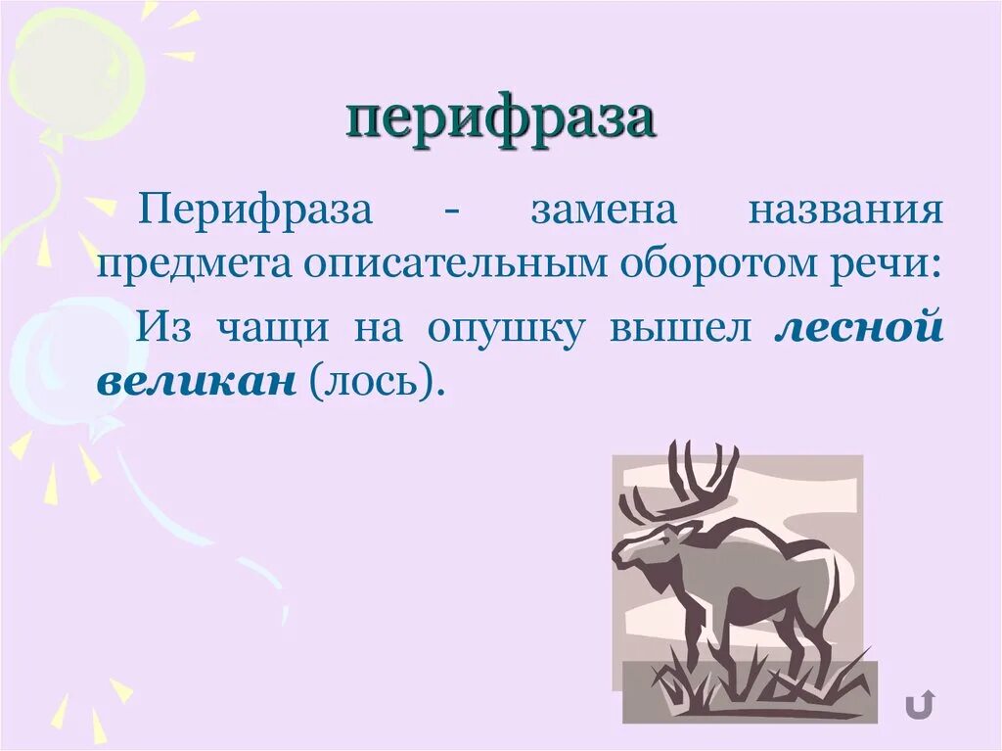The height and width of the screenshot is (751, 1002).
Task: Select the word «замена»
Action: pyautogui.click(x=604, y=211)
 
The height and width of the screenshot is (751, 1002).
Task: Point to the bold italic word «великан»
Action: pyautogui.click(x=196, y=380)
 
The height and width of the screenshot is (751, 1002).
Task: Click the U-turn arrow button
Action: pyautogui.click(x=919, y=703)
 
